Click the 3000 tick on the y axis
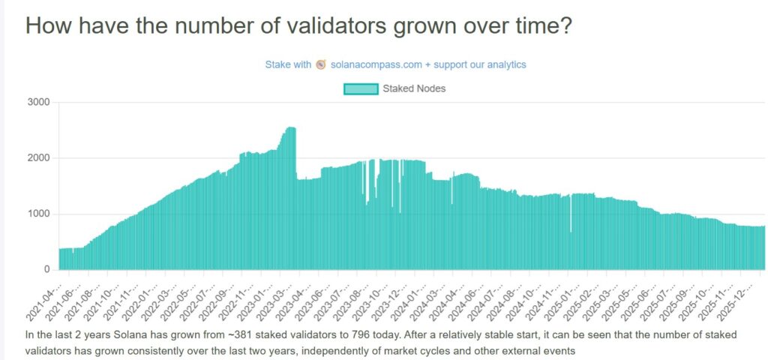(39, 102)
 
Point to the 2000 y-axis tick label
(39, 158)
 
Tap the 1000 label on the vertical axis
(39, 214)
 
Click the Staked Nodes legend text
(414, 88)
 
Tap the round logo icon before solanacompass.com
(321, 64)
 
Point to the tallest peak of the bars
(291, 128)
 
